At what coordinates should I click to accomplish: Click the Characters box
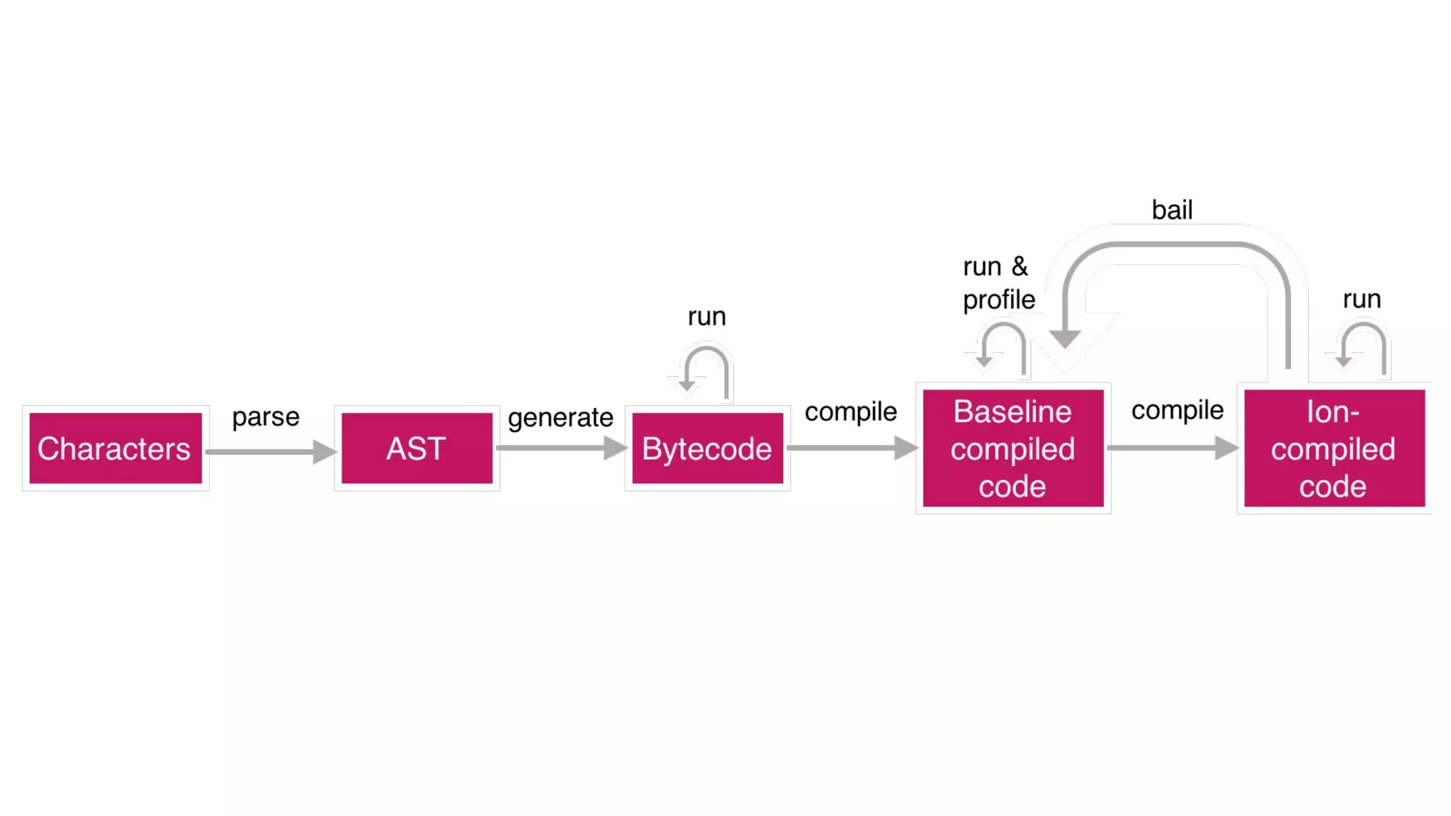115,448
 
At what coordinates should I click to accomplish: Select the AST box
417,448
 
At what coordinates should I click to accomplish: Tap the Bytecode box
707,448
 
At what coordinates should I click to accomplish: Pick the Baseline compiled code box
1012,448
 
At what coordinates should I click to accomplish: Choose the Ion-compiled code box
1333,448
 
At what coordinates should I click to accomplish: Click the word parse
266,417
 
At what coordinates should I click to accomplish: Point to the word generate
560,418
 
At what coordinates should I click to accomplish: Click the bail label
1172,210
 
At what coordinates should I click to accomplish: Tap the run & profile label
998,283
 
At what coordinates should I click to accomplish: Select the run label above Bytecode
706,317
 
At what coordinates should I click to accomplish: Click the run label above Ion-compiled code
1362,299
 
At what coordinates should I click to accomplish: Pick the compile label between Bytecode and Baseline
850,412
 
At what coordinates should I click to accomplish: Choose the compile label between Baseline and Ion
1177,410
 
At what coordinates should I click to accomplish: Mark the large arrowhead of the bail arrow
1064,339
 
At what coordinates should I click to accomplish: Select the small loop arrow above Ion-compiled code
1364,344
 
